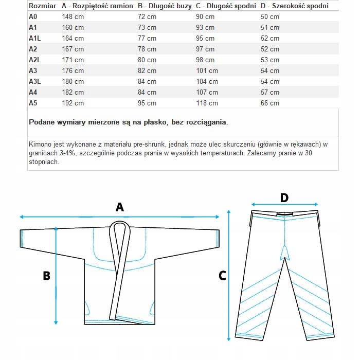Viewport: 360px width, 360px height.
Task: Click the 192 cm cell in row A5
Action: tap(73, 103)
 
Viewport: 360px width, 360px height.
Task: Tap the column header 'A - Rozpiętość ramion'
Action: tap(98, 6)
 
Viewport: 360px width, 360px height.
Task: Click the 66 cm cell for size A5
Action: tap(270, 103)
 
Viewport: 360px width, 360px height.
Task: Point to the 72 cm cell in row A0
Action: tap(147, 16)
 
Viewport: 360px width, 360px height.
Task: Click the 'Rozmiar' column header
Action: tap(43, 6)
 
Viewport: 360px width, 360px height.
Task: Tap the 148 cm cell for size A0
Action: tap(73, 16)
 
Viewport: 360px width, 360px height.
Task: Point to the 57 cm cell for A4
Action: tap(270, 92)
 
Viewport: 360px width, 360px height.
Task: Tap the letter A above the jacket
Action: tap(120, 207)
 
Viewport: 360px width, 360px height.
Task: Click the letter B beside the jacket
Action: tap(46, 276)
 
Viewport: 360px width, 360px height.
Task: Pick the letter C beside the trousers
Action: tap(222, 276)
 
